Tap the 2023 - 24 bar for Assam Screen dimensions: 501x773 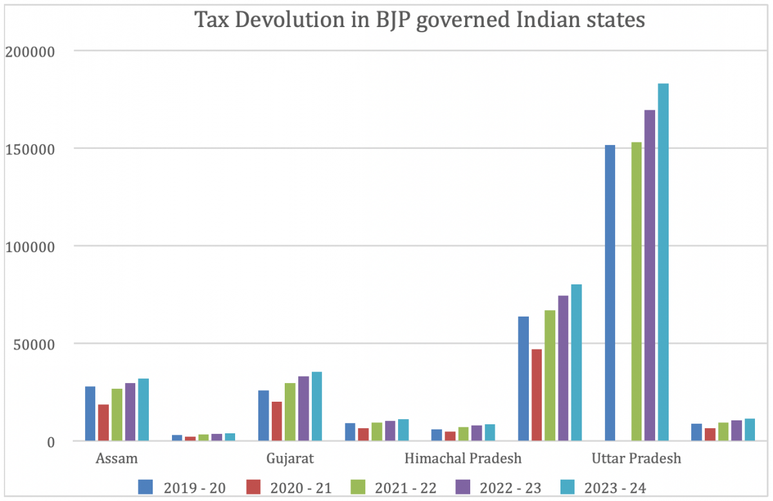point(143,410)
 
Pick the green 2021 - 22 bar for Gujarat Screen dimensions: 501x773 point(290,412)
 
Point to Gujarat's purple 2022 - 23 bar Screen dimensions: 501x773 point(303,409)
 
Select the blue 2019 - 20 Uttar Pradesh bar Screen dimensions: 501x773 point(609,293)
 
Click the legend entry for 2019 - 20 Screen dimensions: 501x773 point(182,487)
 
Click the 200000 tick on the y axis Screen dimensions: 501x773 point(37,51)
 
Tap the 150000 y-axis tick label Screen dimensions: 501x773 point(37,149)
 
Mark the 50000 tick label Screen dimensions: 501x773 point(41,344)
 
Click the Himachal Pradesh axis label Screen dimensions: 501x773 point(463,459)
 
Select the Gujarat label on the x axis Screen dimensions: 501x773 point(290,459)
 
